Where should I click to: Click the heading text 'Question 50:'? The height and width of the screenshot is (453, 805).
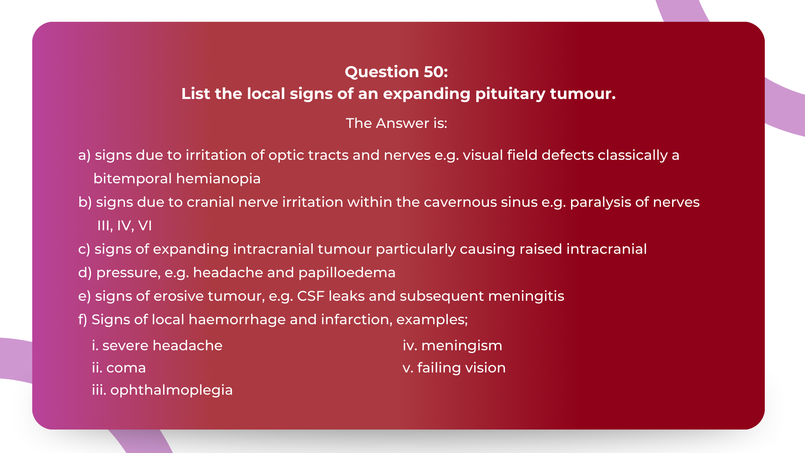point(396,72)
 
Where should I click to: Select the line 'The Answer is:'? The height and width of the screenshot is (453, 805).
point(396,123)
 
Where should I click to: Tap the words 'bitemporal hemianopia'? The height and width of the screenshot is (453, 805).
point(177,179)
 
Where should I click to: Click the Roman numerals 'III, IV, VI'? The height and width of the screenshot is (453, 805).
point(125,226)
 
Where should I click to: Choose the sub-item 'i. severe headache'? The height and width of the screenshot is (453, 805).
point(157,346)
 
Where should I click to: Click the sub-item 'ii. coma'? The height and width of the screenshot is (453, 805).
point(119,368)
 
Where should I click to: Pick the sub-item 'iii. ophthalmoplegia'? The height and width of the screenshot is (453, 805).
point(162,390)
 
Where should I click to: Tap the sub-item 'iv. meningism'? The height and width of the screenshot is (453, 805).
point(452,346)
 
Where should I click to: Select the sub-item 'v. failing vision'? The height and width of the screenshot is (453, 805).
point(454,368)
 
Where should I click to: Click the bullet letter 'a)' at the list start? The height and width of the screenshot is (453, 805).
point(84,155)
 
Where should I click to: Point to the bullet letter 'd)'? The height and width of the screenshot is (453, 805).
point(85,273)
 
